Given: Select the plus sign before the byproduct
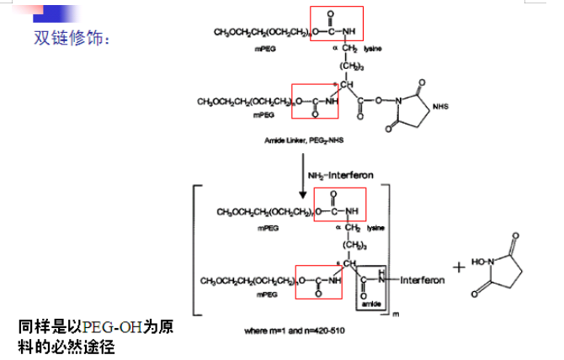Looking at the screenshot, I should [458, 267].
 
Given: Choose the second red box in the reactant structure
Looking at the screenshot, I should [314, 101].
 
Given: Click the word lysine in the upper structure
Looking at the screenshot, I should [374, 50].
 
